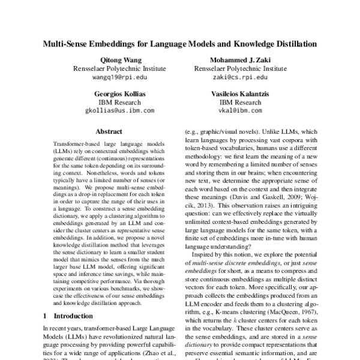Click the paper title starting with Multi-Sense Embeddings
click(179, 44)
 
